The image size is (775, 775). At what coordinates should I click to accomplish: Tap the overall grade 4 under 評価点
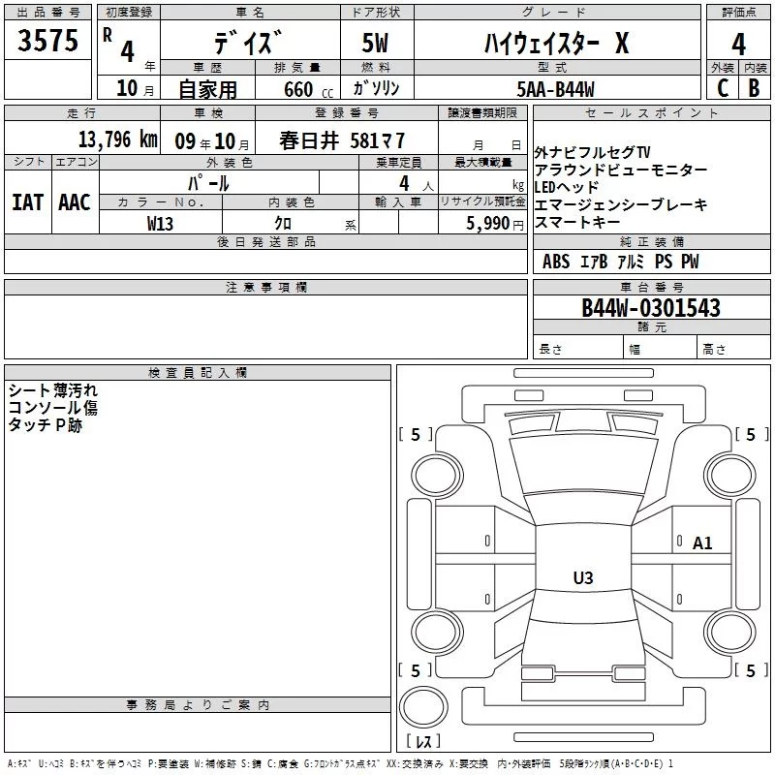[x=738, y=44]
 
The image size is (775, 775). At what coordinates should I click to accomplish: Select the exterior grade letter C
[x=722, y=88]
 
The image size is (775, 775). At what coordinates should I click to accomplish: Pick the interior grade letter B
[x=755, y=88]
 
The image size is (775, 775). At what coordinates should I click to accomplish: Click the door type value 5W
[x=377, y=44]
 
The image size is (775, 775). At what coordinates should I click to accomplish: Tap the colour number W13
[x=160, y=224]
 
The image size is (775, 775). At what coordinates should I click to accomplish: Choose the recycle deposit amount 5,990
[x=494, y=224]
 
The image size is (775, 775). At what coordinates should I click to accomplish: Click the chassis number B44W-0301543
[x=650, y=308]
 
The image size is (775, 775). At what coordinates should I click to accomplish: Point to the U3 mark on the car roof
[x=582, y=578]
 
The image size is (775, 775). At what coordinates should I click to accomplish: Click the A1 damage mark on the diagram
[x=702, y=543]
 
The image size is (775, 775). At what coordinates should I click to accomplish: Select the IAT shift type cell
[x=27, y=201]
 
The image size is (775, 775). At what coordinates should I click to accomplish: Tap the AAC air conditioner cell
[x=74, y=201]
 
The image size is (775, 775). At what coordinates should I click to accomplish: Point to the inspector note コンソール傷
[x=52, y=408]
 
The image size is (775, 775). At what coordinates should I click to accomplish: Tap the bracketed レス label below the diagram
[x=423, y=742]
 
